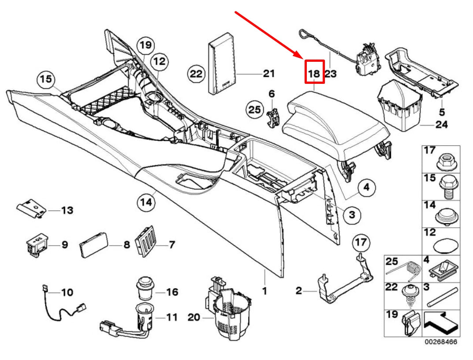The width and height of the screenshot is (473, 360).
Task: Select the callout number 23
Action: (x=330, y=73)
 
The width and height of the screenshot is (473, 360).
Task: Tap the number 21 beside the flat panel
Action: (x=268, y=73)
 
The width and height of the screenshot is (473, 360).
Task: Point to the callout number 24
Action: (x=441, y=125)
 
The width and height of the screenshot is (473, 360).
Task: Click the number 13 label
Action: (x=67, y=210)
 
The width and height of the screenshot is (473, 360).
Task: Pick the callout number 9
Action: (x=64, y=244)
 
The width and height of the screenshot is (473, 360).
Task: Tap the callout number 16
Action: (x=171, y=292)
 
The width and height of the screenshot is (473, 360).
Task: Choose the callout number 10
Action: (x=67, y=292)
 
